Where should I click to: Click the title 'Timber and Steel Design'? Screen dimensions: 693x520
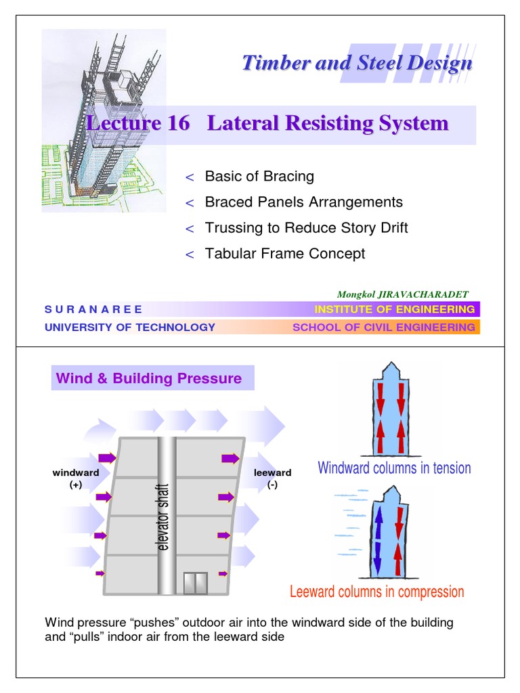tap(357, 64)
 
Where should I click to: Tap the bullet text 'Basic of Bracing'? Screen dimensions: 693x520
tap(259, 177)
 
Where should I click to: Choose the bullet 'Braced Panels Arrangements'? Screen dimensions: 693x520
tap(303, 202)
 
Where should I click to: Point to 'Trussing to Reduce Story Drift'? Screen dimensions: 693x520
tap(306, 228)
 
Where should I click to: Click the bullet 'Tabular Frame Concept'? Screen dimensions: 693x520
tap(284, 254)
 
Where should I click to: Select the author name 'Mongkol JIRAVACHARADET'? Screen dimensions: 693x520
tap(402, 294)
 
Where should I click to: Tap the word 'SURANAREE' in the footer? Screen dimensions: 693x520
tap(93, 309)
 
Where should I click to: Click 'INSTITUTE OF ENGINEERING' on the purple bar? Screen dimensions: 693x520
tap(395, 309)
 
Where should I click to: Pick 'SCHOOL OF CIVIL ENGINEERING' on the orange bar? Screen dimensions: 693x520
tap(383, 328)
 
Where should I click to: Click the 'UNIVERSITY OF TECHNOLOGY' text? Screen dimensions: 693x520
tap(130, 328)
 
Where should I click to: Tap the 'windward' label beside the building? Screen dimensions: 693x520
tap(75, 473)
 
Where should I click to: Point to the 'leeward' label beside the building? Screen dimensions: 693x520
tap(272, 473)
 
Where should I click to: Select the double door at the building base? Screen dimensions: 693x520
tap(195, 583)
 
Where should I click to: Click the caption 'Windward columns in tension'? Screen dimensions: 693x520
tap(394, 468)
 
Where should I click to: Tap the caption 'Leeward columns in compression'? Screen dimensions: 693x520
tap(377, 592)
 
